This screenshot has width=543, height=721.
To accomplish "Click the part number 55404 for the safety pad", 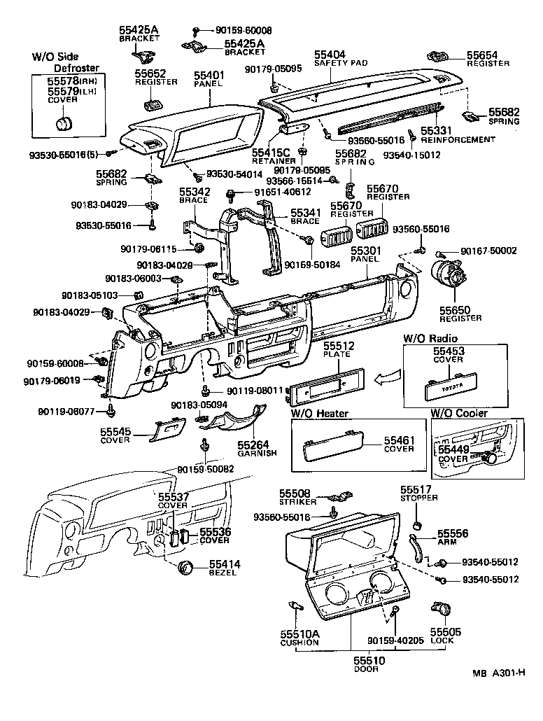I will point(330,54).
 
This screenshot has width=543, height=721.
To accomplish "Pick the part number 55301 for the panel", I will point(365,250).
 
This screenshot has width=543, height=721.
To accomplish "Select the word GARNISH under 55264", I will point(257,453).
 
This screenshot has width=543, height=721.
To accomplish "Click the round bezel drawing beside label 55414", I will point(185,568).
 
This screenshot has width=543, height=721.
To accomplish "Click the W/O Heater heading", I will point(319,414).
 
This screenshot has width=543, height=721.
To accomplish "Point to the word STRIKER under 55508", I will point(299,502).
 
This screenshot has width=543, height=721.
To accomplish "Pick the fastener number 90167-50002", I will point(488,251).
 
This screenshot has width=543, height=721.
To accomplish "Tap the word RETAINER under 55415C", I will point(271,160).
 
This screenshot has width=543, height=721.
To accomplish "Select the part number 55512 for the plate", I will point(339,346).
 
